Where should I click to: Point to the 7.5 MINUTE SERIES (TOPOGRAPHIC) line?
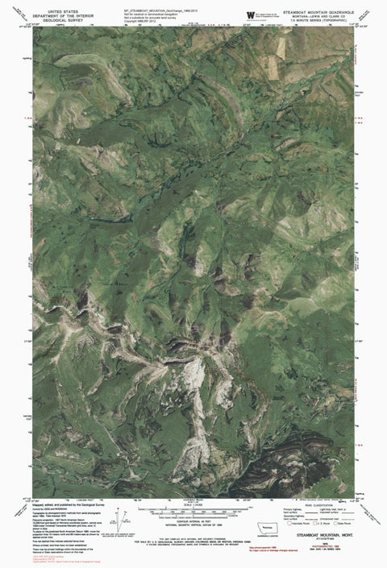(x=318, y=22)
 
